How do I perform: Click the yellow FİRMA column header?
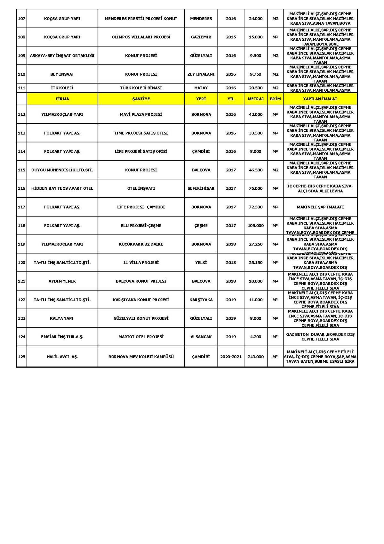click(62, 99)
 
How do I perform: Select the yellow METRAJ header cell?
click(255, 99)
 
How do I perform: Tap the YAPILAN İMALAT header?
click(320, 99)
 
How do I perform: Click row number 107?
click(21, 19)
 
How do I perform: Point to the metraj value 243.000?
click(255, 357)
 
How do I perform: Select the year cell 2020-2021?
click(231, 357)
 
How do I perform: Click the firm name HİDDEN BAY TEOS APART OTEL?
click(62, 188)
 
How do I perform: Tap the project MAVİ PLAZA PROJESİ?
click(141, 114)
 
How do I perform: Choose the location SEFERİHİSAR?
click(201, 188)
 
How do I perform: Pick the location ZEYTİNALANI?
click(201, 74)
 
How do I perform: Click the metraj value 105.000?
click(255, 226)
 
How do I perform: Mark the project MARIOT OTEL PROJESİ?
click(141, 337)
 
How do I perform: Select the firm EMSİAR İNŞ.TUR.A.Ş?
click(62, 337)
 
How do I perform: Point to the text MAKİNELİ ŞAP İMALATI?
click(320, 207)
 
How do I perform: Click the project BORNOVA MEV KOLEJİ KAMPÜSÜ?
click(141, 357)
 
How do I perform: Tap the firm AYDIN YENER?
click(62, 281)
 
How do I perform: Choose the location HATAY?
click(201, 88)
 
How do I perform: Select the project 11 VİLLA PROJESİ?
click(141, 263)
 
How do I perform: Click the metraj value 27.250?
click(255, 244)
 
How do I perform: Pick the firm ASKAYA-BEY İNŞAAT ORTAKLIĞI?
click(62, 55)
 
